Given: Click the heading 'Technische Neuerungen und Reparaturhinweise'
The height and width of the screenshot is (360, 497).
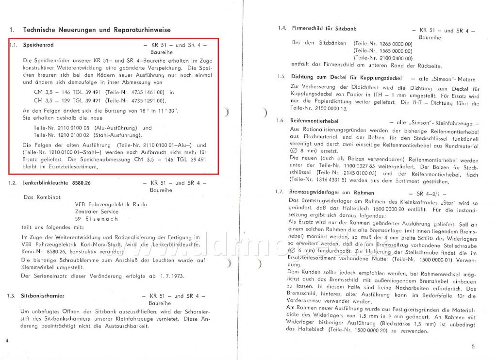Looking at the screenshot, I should click(97, 30).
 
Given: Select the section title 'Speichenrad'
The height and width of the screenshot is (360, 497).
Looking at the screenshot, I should click(38, 45).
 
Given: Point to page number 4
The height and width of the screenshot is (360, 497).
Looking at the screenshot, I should click(7, 340).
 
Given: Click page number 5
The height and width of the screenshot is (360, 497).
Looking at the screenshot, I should click(473, 346).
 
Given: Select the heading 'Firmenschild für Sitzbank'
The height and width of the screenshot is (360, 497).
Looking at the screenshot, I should click(324, 29).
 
